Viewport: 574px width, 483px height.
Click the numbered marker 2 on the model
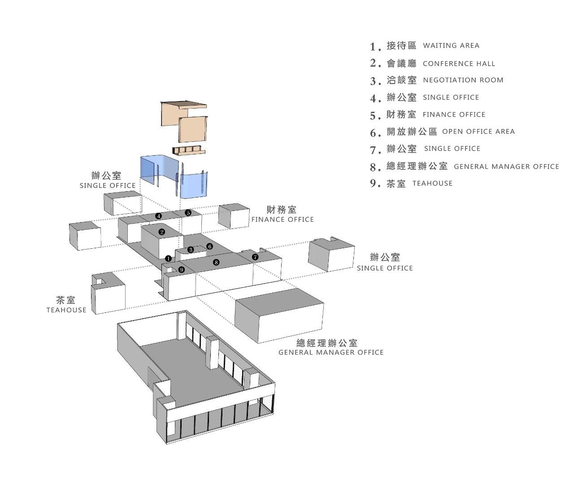point(162,232)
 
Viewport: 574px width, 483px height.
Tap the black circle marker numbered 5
point(188,213)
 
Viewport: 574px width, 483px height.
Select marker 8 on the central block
point(216,262)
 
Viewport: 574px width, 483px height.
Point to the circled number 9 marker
point(182,270)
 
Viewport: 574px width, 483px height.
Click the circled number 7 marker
point(255,257)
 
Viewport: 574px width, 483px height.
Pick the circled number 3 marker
point(191,250)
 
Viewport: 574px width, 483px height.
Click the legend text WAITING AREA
point(451,45)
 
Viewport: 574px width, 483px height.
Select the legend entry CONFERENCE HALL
point(459,64)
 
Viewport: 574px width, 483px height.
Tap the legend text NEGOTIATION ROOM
point(463,80)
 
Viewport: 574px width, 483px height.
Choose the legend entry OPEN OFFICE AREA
point(478,132)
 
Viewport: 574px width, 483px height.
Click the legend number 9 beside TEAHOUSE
point(375,184)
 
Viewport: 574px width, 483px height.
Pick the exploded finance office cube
point(234,216)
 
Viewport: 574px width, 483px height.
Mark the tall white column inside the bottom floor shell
point(212,353)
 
